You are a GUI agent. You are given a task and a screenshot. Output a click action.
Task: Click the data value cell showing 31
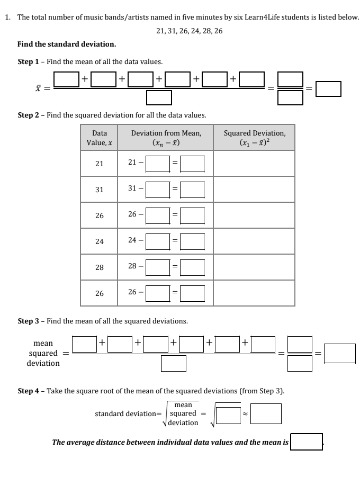pos(99,190)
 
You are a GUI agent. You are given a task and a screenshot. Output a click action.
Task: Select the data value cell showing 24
pos(99,241)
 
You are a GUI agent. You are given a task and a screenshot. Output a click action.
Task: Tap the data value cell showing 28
pos(99,267)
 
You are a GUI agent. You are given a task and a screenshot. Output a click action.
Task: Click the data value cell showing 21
pos(99,164)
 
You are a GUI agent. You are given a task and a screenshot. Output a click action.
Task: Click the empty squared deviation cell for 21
pos(254,164)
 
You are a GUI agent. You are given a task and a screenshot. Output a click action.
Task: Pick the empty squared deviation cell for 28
pos(254,267)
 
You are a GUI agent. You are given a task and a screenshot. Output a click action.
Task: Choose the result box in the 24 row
pos(192,241)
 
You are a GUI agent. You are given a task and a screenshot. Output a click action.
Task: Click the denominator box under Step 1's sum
pos(159,98)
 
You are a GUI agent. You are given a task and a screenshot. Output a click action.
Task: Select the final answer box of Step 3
pos(339,353)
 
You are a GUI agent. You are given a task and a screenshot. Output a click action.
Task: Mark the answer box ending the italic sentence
pos(307,442)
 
